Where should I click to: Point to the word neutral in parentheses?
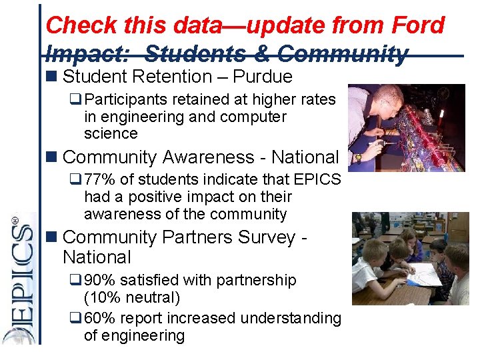[155, 298]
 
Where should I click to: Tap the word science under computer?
[111, 134]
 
